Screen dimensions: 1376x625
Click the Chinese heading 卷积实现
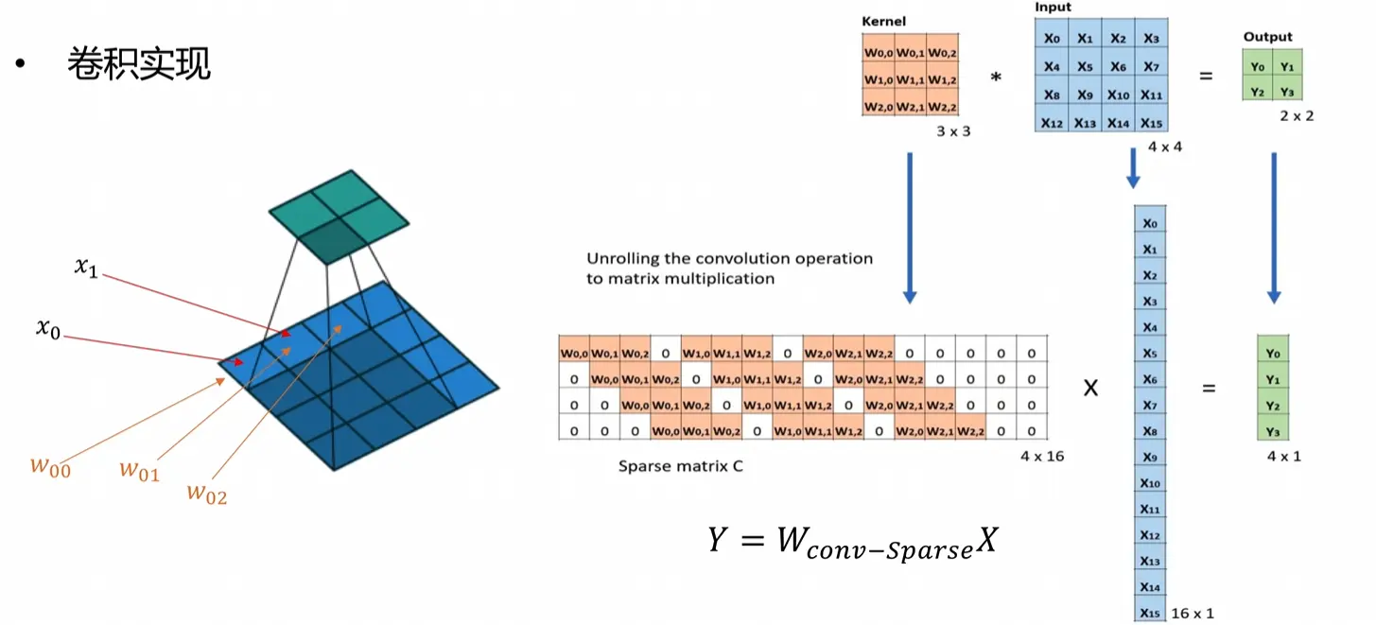coord(139,63)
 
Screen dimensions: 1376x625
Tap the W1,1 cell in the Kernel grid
coord(911,79)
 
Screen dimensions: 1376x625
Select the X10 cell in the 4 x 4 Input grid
coord(1118,95)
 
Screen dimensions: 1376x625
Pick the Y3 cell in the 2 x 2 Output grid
coord(1287,92)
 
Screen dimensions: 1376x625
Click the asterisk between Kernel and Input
coord(996,78)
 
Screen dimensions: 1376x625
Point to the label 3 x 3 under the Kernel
coord(953,131)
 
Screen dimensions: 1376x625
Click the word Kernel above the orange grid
coord(883,22)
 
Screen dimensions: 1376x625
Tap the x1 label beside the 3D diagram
coord(86,267)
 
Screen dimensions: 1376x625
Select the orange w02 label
coord(207,494)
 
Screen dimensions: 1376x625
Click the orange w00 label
coord(50,468)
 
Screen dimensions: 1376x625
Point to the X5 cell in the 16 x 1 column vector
coord(1150,353)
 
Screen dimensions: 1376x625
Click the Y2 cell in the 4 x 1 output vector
coord(1273,406)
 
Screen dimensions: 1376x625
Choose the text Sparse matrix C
coord(681,466)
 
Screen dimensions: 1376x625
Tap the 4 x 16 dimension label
coord(1042,456)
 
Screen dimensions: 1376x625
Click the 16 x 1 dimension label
coord(1193,614)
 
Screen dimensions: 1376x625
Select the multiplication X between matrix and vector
coord(1090,388)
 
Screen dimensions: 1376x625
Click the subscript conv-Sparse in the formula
coord(890,549)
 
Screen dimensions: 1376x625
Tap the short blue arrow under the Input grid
coord(1133,167)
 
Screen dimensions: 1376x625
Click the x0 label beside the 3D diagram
coord(48,328)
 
